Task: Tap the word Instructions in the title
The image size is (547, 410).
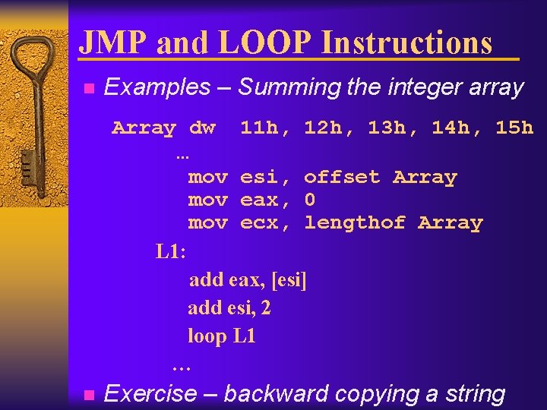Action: tap(406, 43)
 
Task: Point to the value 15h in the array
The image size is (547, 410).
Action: tap(514, 128)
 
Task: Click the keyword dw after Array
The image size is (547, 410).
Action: tap(202, 128)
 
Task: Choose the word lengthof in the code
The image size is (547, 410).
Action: tap(355, 223)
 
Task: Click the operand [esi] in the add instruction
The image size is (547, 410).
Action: tap(289, 280)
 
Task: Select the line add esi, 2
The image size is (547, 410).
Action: tap(229, 308)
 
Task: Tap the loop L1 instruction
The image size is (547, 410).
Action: tap(222, 336)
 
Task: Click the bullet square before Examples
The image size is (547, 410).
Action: tap(88, 89)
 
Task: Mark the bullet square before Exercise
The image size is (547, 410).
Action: tap(88, 395)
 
